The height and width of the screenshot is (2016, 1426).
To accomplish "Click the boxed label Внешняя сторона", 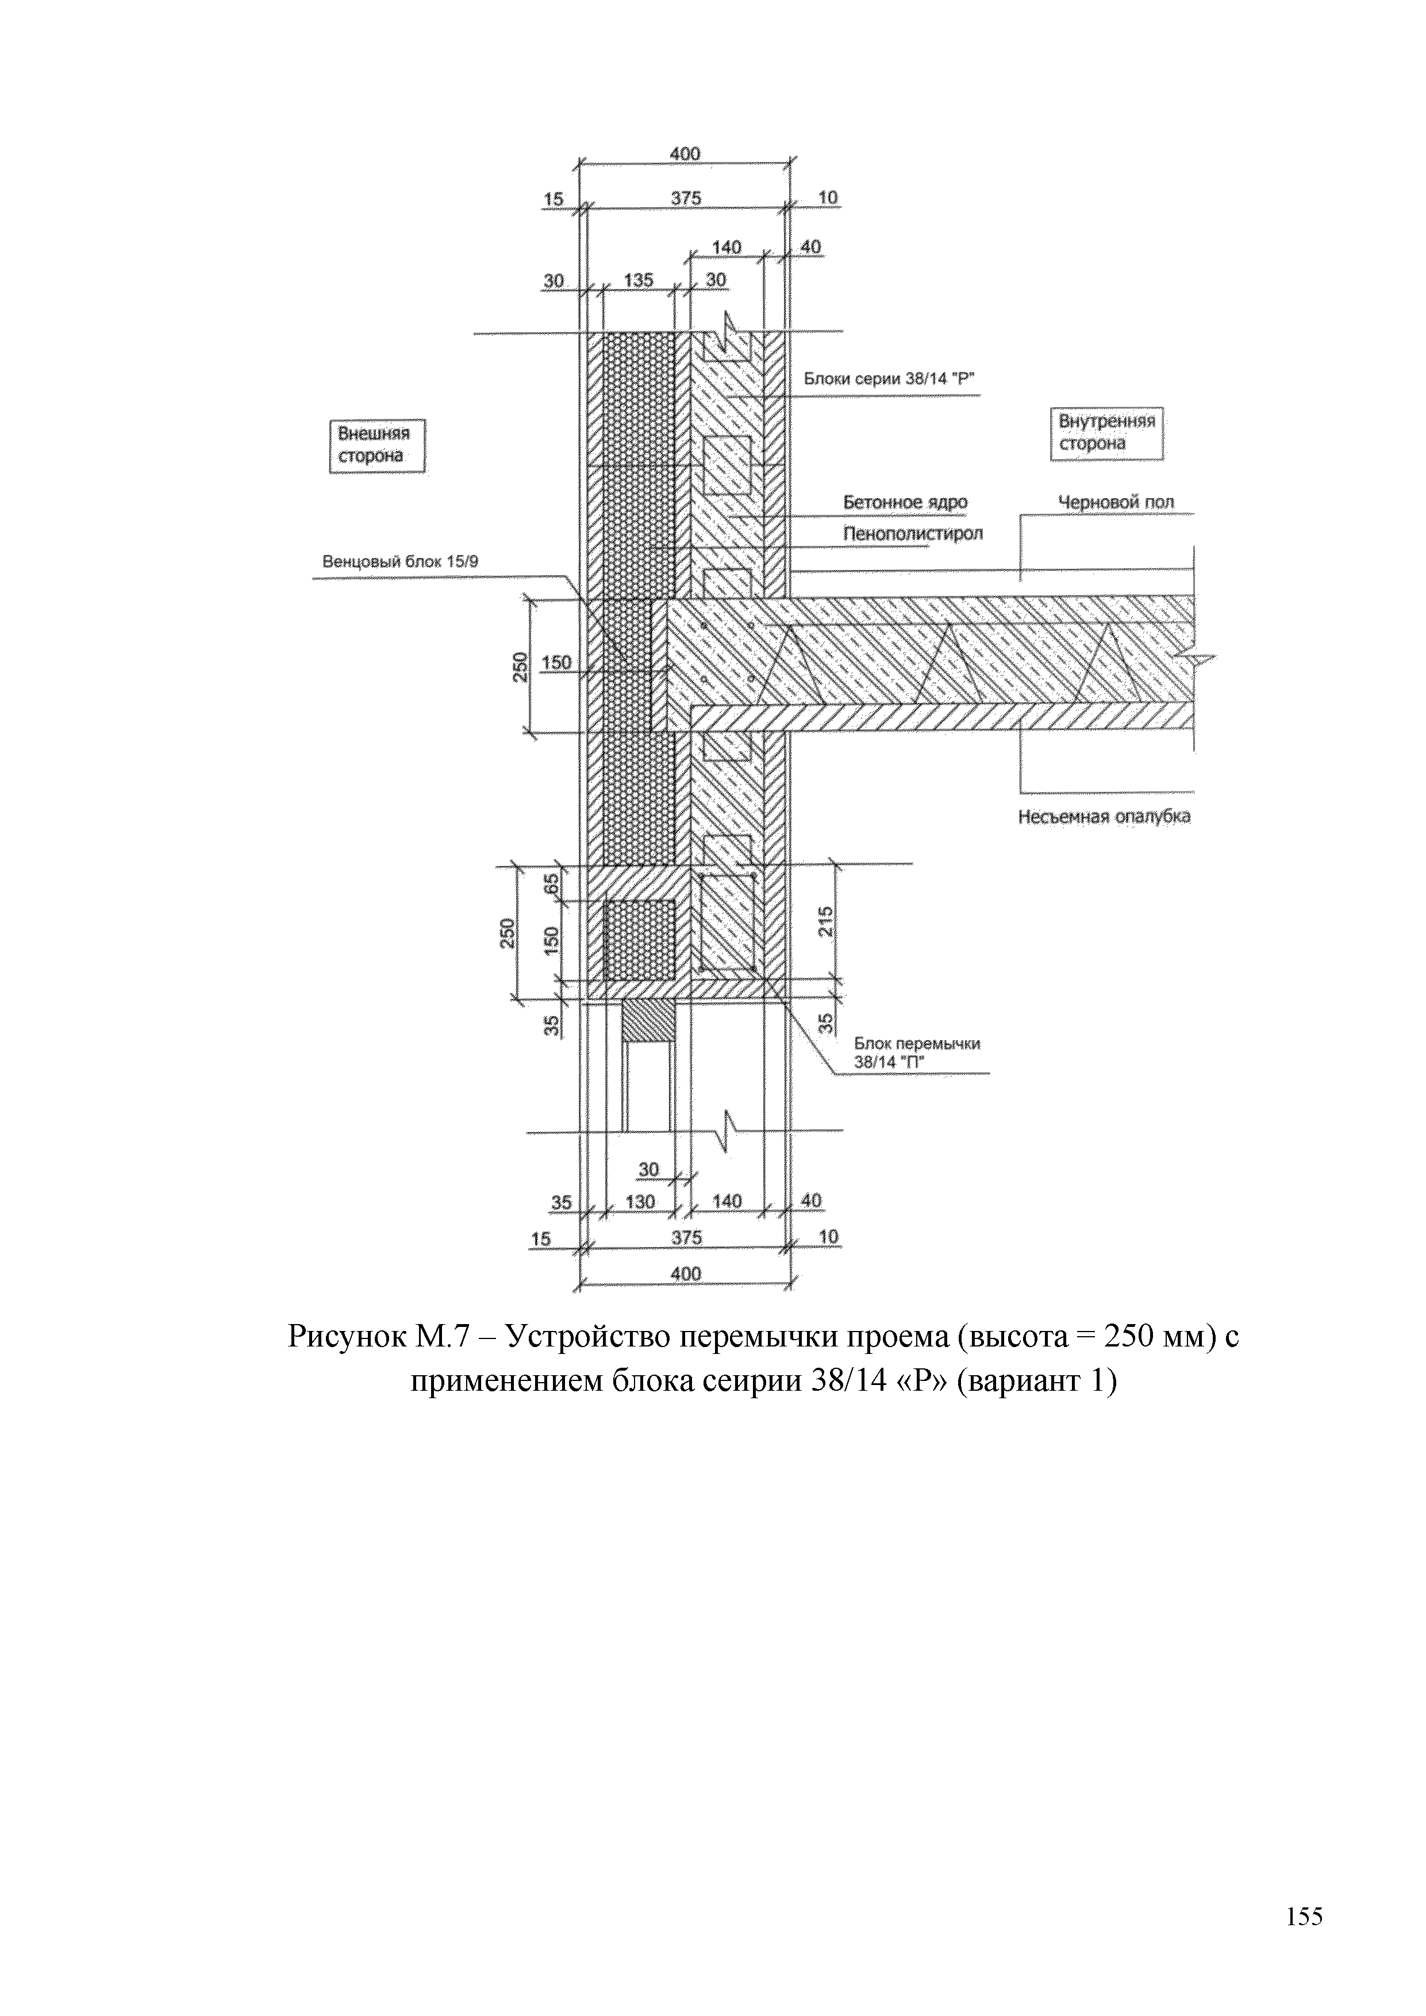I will tap(376, 445).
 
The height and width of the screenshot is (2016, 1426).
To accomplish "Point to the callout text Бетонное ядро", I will tap(905, 502).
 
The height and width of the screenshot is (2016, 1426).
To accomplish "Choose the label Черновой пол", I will tap(1115, 502).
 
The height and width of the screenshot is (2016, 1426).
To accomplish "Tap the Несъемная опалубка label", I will tap(1104, 817).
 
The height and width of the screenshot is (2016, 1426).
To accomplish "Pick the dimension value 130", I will tap(640, 1201).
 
